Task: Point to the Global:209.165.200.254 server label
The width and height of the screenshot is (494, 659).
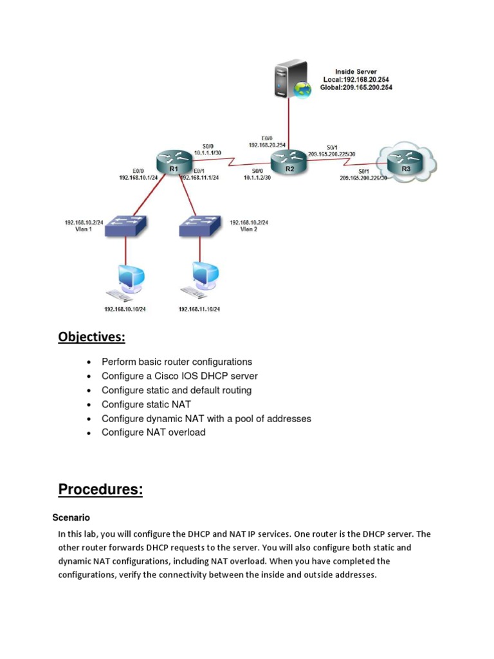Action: pyautogui.click(x=357, y=87)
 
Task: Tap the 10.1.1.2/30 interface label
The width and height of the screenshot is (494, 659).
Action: pyautogui.click(x=257, y=178)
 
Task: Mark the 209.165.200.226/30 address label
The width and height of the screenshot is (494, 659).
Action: pyautogui.click(x=363, y=178)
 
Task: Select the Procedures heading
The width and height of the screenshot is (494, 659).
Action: pyautogui.click(x=100, y=490)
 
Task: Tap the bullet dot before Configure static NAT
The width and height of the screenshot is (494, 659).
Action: pyautogui.click(x=88, y=405)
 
